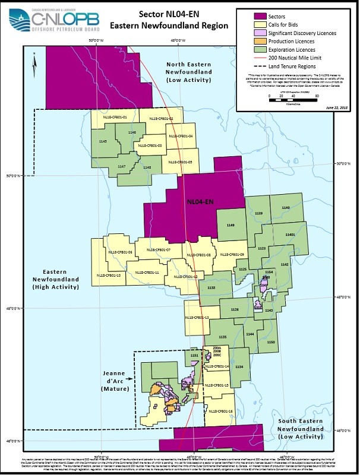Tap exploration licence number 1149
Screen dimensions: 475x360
click(230, 225)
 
